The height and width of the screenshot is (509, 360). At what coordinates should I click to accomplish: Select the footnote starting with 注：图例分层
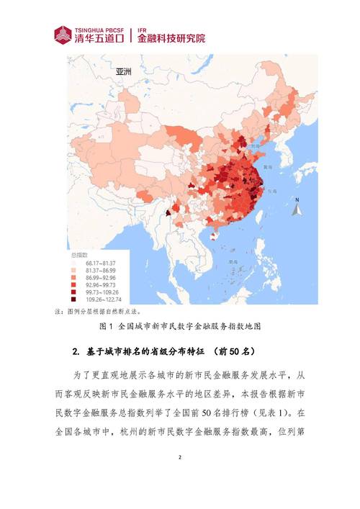tap(98, 312)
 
